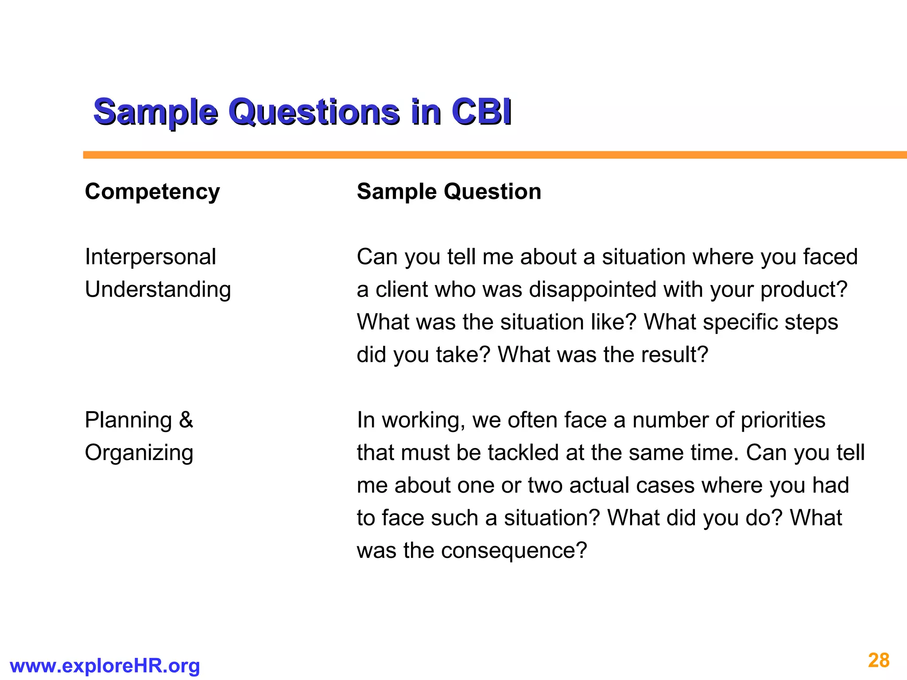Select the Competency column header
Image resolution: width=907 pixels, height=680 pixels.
(152, 192)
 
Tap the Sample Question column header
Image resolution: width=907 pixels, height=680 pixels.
(449, 192)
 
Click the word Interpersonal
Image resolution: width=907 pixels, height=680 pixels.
(150, 257)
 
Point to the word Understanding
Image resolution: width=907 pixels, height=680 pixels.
(158, 290)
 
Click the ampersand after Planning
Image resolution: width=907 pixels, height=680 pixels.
(186, 420)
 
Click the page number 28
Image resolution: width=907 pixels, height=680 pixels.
(879, 661)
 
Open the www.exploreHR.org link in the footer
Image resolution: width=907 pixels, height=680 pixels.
(105, 666)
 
